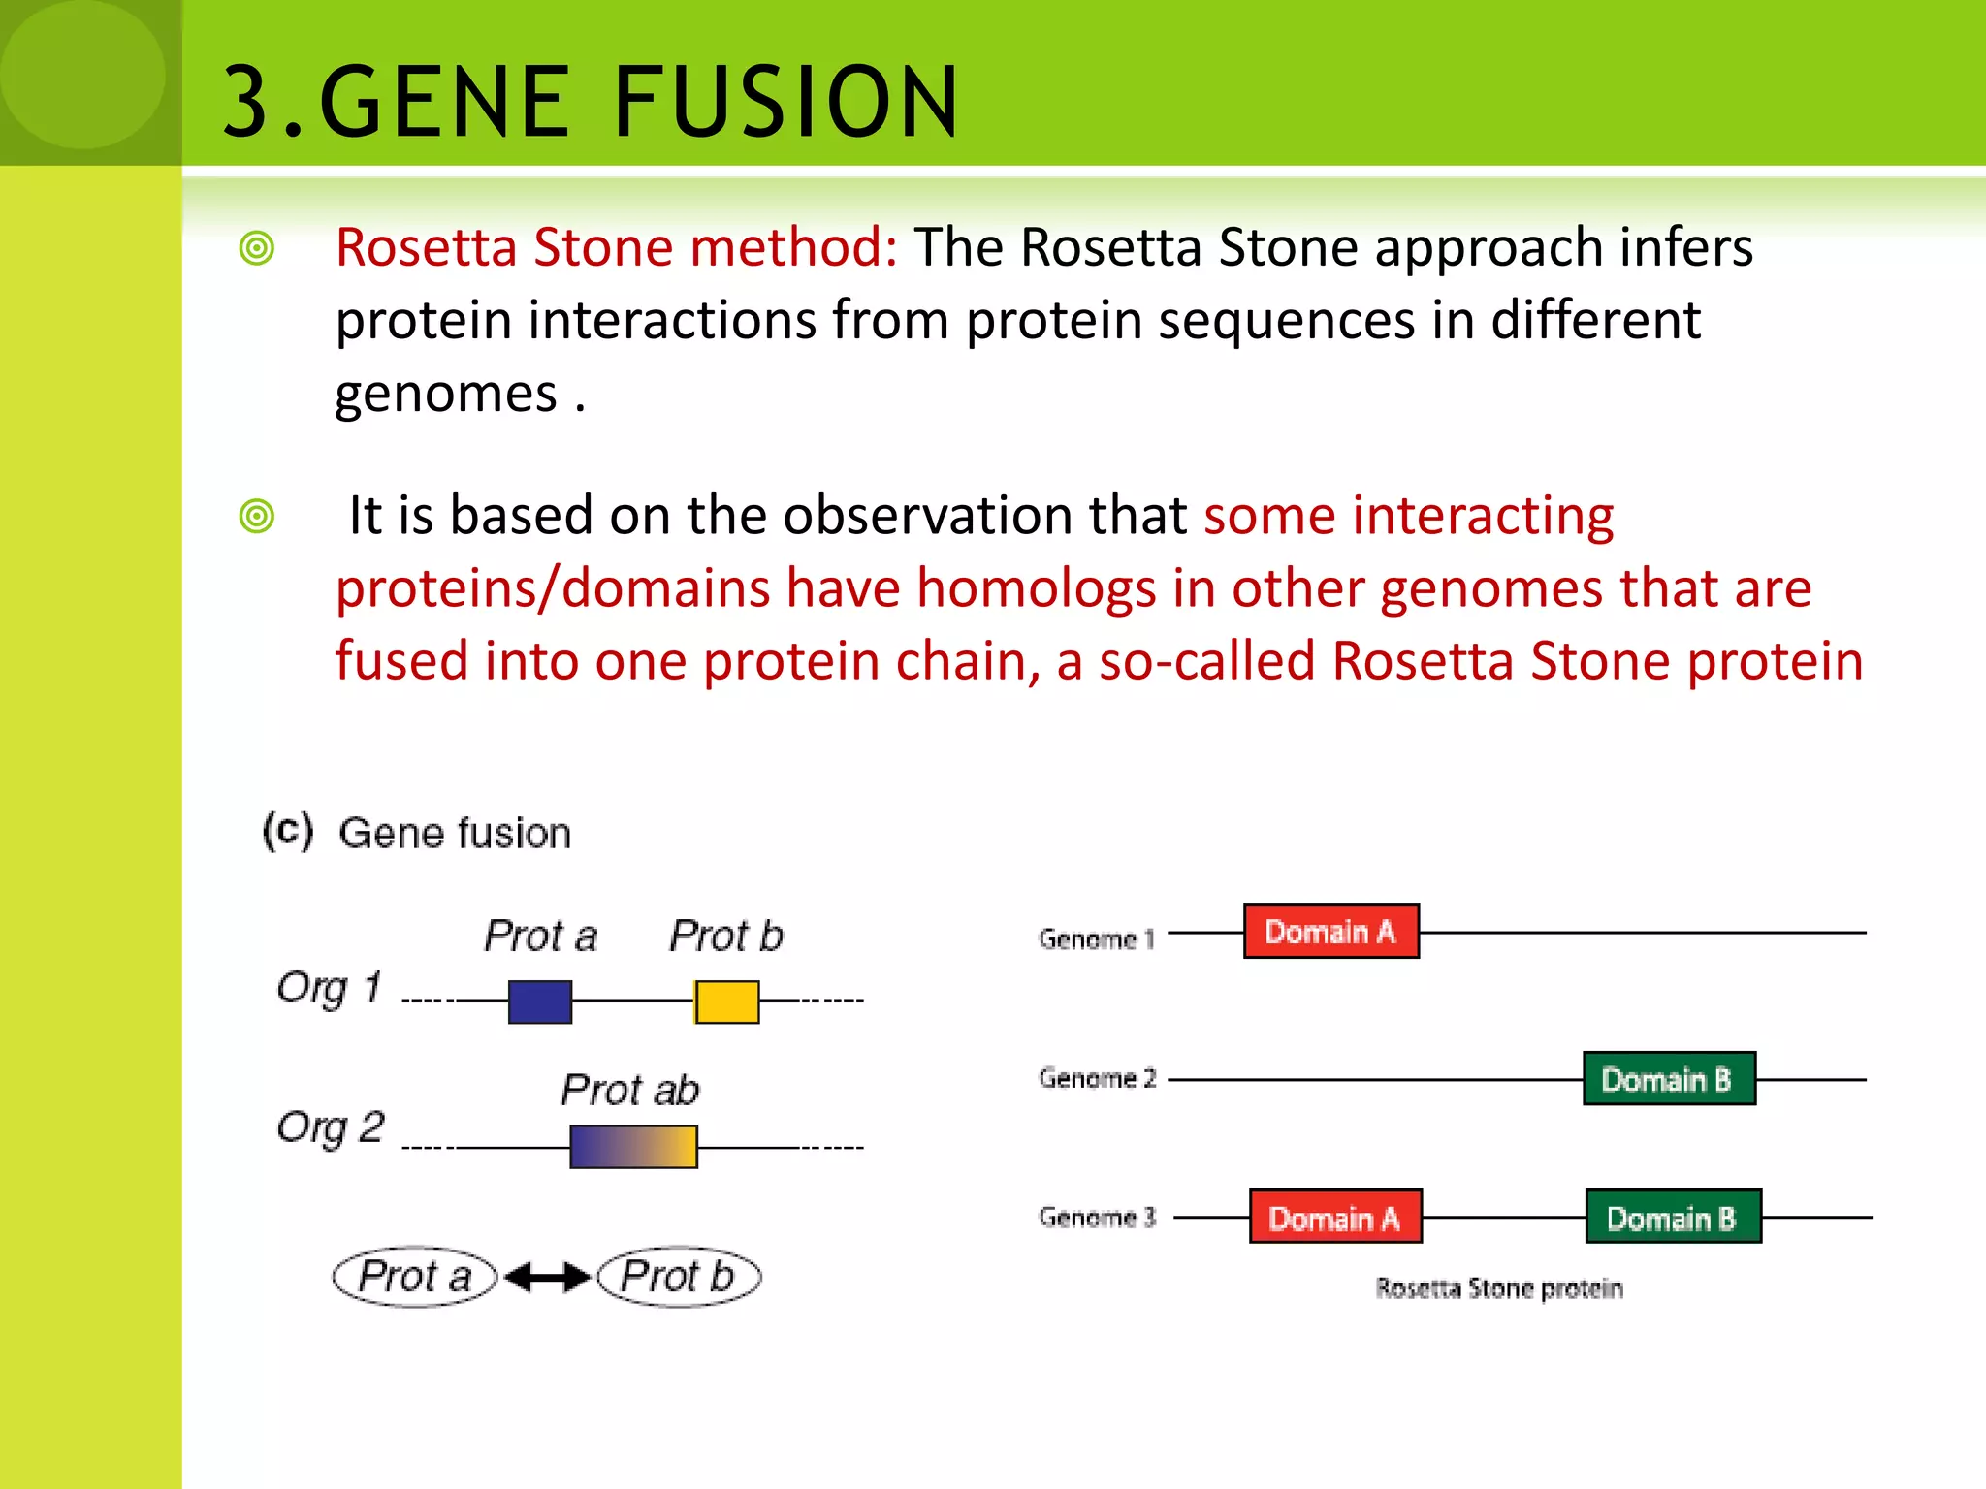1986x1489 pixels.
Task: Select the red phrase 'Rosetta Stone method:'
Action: [617, 247]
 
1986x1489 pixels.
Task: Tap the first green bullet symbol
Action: [257, 249]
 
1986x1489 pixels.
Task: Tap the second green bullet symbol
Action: [257, 516]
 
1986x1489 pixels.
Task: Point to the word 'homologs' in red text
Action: [1036, 588]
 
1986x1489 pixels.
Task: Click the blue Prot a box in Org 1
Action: [540, 1001]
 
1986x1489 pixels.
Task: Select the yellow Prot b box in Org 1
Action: [726, 1001]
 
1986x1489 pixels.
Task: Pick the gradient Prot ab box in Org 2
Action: [633, 1147]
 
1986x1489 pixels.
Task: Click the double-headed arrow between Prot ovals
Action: [548, 1278]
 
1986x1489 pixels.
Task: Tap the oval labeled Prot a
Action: [415, 1277]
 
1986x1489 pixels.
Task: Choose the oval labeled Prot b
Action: [679, 1277]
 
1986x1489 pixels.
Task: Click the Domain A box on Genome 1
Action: [1331, 932]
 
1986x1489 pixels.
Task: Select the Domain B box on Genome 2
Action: [1669, 1079]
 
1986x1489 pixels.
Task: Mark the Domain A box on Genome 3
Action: [1335, 1217]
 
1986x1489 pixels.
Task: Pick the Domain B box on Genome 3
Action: [1673, 1217]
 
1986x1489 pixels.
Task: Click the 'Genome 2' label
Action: [1097, 1078]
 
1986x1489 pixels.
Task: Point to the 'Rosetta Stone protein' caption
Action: [1498, 1288]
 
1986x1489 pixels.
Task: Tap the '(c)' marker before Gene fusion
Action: [288, 832]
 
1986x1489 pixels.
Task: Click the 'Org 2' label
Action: [331, 1127]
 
